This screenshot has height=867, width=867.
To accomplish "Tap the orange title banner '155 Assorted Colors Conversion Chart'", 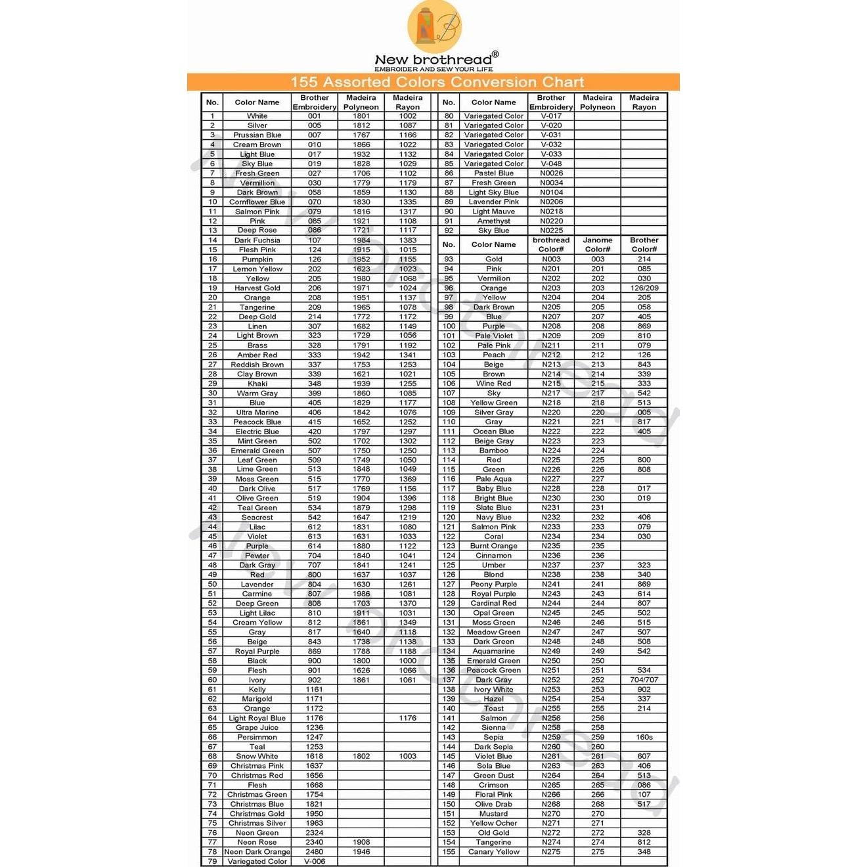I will pos(437,82).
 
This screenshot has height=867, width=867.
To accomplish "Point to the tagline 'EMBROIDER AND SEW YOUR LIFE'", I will pos(433,69).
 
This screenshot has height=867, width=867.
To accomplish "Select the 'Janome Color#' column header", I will pos(598,244).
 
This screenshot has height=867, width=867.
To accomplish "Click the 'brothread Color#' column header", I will pos(551,244).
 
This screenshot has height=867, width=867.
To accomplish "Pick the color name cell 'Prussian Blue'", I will pos(257,135).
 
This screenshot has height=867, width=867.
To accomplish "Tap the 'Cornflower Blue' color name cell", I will pos(257,202).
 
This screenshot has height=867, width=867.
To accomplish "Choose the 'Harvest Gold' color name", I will pos(257,288).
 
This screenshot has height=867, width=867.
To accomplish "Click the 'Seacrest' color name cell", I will pos(257,517).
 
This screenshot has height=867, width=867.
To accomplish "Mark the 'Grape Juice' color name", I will pos(257,727).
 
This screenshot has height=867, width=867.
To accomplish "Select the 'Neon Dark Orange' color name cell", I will pos(257,851).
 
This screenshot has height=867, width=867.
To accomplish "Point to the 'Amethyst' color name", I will pos(494,221).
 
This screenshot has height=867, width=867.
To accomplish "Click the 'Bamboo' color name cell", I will pos(494,451).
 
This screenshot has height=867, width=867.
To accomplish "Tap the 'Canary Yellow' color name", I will pos(494,851).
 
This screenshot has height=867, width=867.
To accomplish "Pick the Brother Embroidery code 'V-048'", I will pos(551,164).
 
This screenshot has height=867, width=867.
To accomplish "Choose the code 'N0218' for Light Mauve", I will pos(551,211).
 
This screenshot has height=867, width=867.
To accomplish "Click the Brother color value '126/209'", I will pos(644,288).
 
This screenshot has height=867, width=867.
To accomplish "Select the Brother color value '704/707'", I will pos(644,680).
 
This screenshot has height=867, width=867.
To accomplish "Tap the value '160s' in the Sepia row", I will pos(644,737).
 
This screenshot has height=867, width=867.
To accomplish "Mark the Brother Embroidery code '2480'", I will pos(315,851).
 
